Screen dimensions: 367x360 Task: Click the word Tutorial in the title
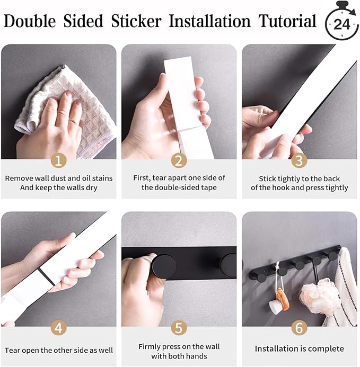[287, 21]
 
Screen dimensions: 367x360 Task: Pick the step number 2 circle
[179, 160]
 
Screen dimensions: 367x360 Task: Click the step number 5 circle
[179, 328]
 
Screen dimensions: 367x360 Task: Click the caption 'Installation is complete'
[299, 348]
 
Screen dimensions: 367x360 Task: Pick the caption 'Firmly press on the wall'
[179, 346]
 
